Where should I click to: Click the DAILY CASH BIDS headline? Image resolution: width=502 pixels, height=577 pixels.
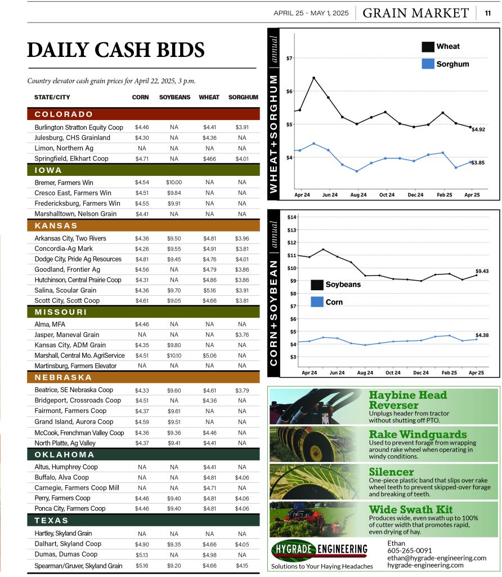point(116,50)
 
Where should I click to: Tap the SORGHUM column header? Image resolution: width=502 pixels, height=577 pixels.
point(243,97)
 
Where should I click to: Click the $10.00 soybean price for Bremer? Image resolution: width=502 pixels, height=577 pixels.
point(174,183)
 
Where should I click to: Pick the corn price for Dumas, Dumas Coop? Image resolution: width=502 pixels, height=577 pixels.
point(141,554)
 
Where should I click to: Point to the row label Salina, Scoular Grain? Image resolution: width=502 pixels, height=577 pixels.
point(69,290)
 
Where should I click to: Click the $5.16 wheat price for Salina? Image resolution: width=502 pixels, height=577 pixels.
point(209,290)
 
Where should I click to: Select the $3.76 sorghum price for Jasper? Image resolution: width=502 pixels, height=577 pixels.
point(242,335)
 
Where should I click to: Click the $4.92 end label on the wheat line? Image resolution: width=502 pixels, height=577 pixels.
point(479,129)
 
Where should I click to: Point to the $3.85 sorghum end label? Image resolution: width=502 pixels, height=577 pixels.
point(478,162)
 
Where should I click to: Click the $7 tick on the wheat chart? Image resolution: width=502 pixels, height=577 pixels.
point(289,58)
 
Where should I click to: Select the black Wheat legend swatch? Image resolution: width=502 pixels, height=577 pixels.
point(428,46)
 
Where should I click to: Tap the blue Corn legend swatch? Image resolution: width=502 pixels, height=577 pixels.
point(317,302)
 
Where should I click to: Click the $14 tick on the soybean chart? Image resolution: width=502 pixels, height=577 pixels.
point(292,217)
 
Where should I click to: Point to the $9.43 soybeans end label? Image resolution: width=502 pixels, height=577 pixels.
point(482,271)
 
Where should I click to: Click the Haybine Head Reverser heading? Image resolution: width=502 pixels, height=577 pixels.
point(407,400)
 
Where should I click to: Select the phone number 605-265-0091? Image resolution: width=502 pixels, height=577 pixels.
point(410,551)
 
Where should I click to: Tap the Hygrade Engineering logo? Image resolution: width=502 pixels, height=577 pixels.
point(320,549)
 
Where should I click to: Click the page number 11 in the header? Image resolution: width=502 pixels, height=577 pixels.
point(488,13)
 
